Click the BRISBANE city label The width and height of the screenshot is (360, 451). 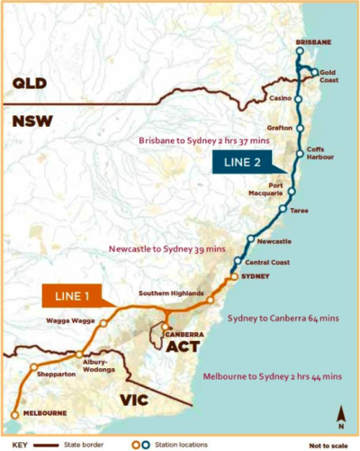[x=314, y=42]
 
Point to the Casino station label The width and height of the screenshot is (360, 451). [x=281, y=97]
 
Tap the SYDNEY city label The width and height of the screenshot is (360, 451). [x=256, y=276]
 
